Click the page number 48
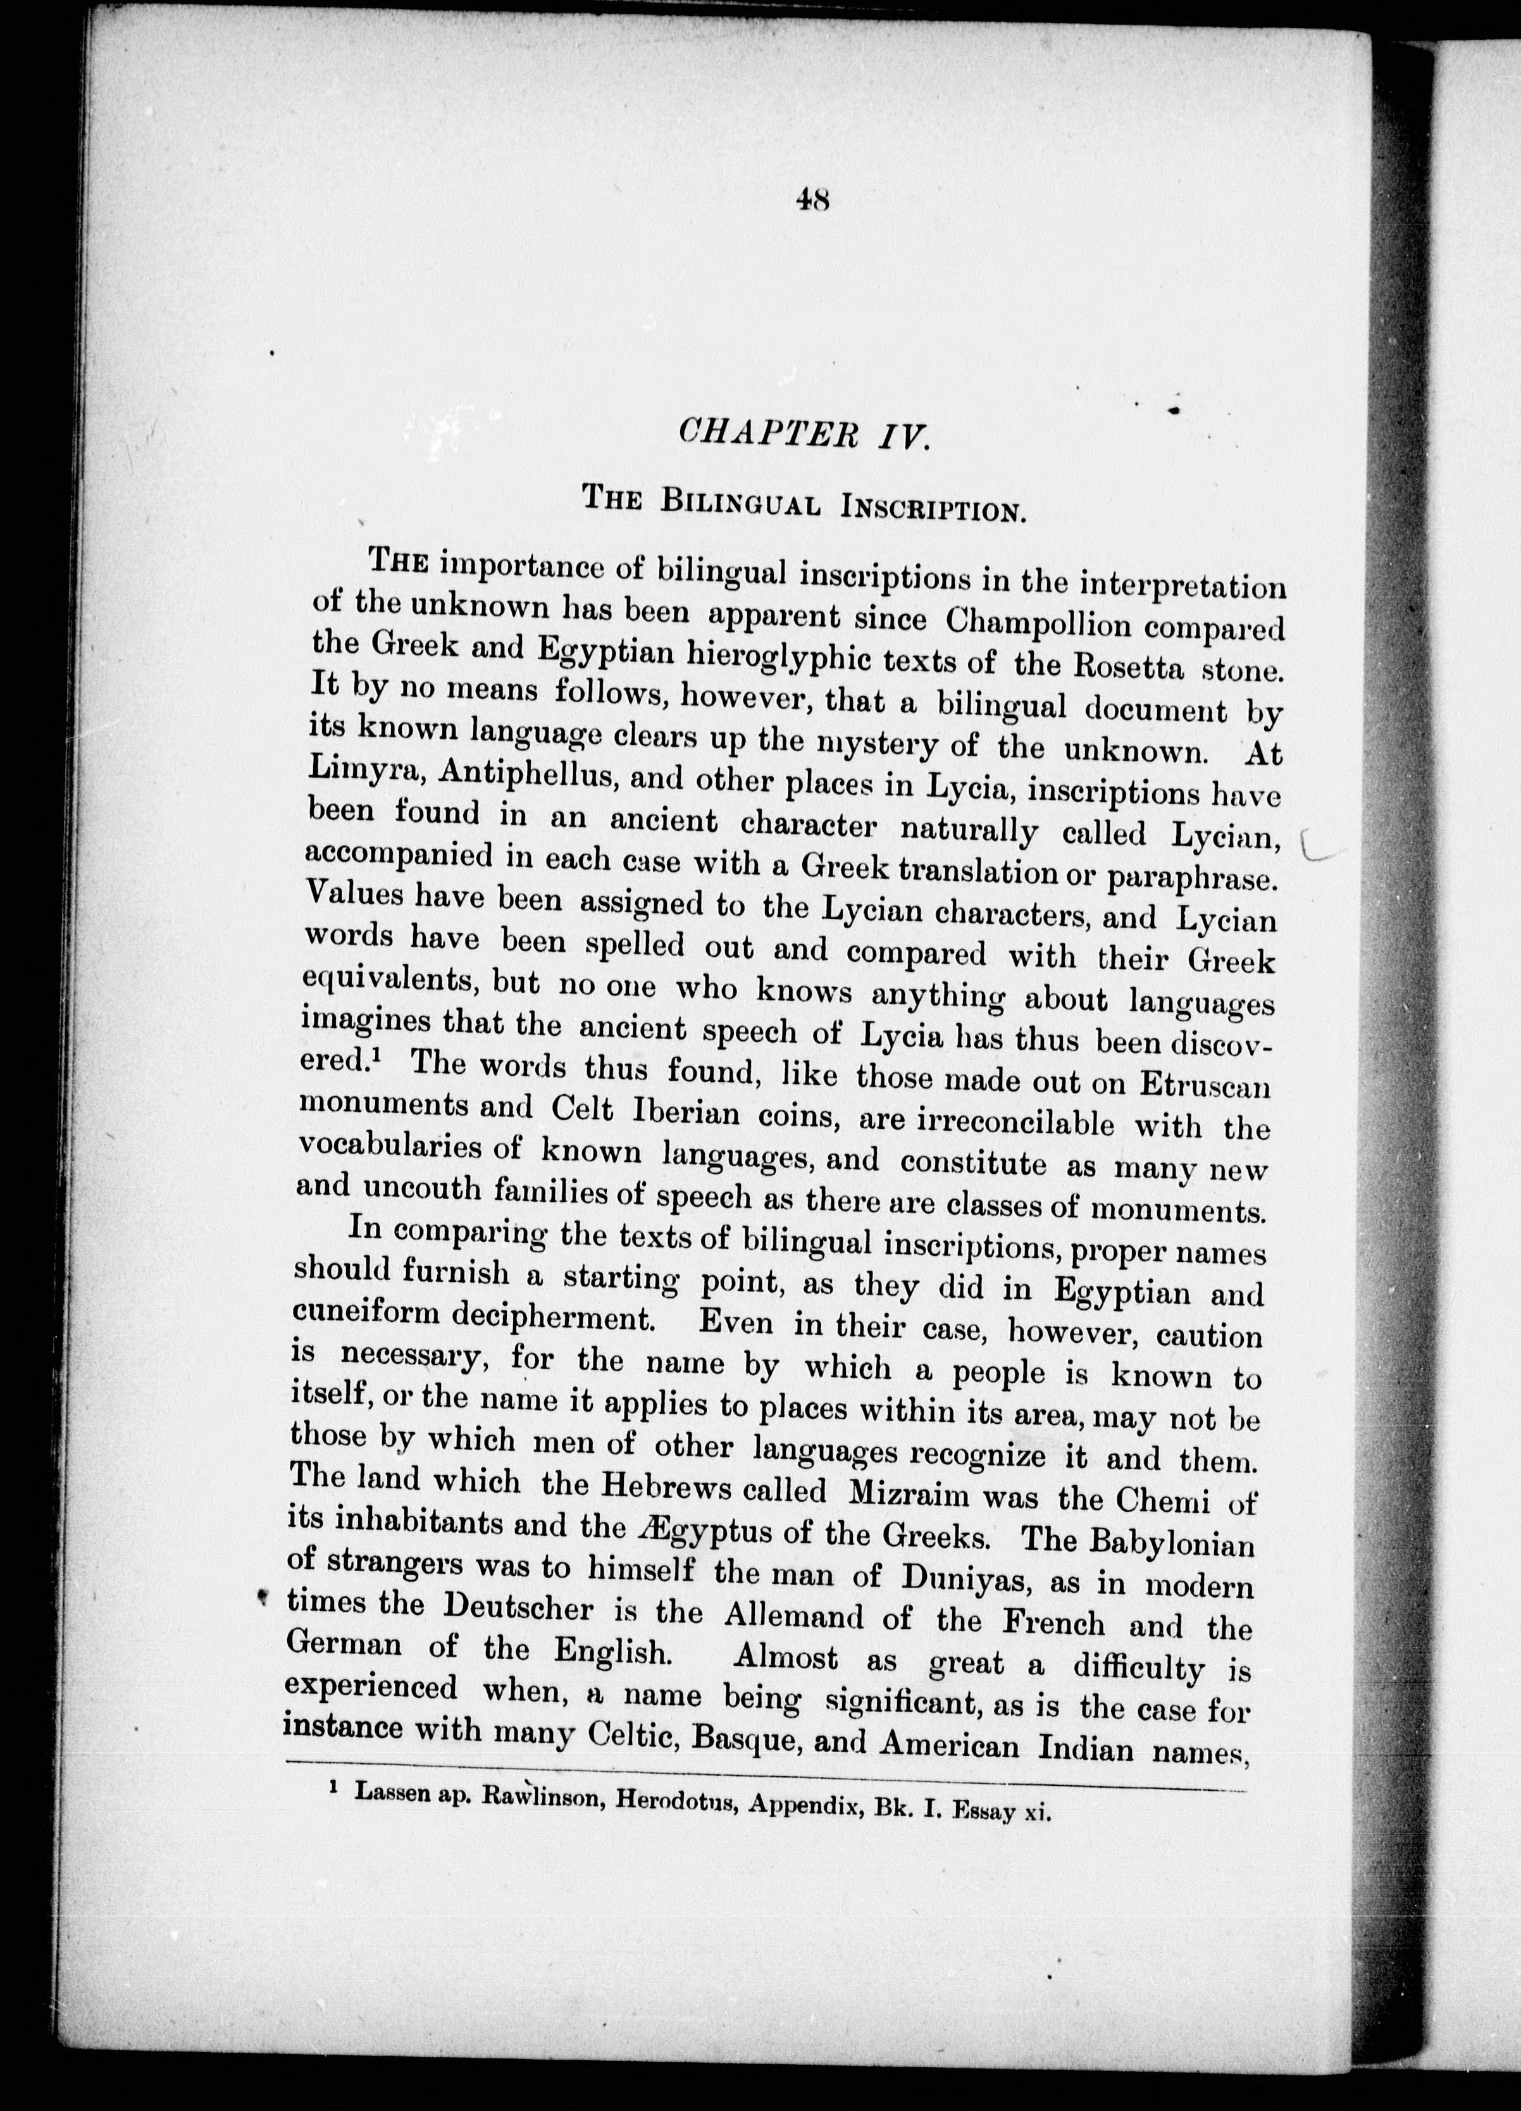pos(812,200)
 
